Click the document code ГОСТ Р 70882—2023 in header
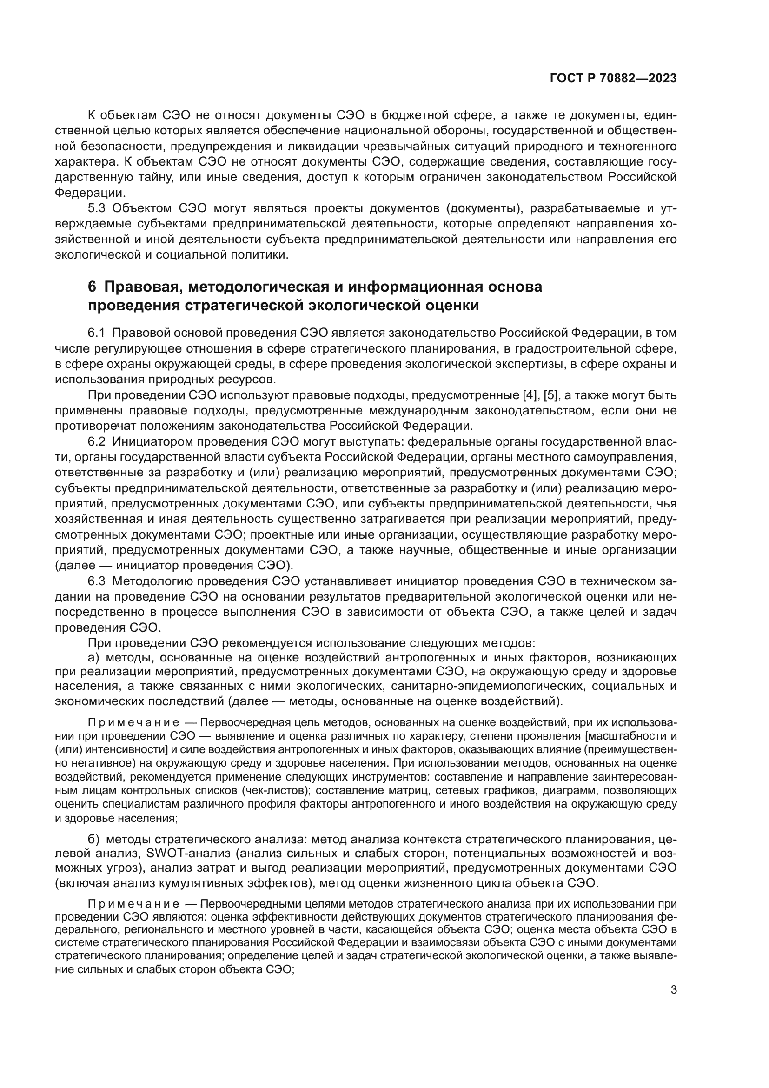click(x=613, y=79)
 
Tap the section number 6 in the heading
click(x=92, y=287)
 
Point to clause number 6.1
click(x=97, y=333)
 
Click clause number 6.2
click(x=97, y=441)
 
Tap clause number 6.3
click(x=97, y=581)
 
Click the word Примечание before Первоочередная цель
click(x=133, y=723)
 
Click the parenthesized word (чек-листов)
click(x=276, y=790)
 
